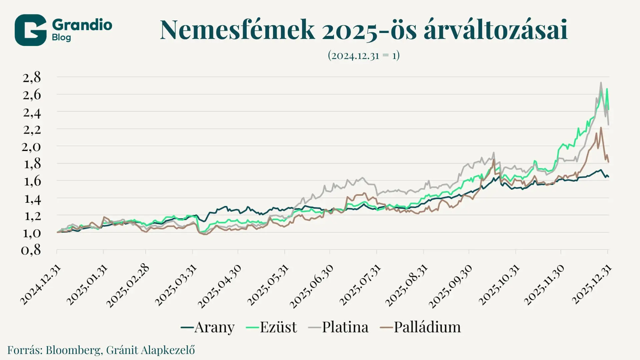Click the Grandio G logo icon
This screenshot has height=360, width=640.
pyautogui.click(x=30, y=30)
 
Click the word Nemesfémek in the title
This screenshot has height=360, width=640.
pyautogui.click(x=237, y=30)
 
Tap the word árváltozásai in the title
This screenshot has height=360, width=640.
pyautogui.click(x=495, y=30)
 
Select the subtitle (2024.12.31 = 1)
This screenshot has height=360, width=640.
pyautogui.click(x=364, y=55)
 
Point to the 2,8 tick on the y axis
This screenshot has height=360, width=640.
pyautogui.click(x=32, y=77)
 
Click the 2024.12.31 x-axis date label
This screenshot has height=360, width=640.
pyautogui.click(x=41, y=285)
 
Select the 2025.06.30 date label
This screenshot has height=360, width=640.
pyautogui.click(x=311, y=286)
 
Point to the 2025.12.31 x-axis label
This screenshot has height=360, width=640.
pyautogui.click(x=592, y=285)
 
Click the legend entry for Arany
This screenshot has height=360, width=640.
pyautogui.click(x=208, y=327)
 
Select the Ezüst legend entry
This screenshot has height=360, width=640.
pyautogui.click(x=271, y=327)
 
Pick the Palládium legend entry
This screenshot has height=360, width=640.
pyautogui.click(x=420, y=327)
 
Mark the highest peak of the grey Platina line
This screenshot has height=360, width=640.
pyautogui.click(x=601, y=83)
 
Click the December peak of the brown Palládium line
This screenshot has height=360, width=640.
pyautogui.click(x=601, y=128)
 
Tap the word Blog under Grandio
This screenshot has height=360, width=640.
pyautogui.click(x=61, y=37)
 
